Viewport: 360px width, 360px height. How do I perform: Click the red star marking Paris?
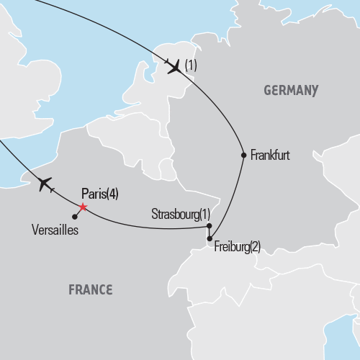click(82, 207)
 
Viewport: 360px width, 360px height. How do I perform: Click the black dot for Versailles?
click(75, 216)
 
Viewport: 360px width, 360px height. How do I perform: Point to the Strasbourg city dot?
click(209, 225)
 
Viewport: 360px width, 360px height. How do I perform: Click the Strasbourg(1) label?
click(181, 214)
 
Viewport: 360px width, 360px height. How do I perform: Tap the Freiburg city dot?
click(209, 238)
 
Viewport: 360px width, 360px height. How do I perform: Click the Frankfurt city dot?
click(243, 155)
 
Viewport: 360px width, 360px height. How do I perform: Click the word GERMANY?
click(291, 91)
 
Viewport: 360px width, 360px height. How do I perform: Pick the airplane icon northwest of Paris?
click(44, 184)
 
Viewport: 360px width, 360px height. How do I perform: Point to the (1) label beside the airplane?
click(191, 66)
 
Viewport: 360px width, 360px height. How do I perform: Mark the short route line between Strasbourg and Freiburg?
click(209, 232)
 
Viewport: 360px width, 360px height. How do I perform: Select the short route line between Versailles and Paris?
click(78, 212)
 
